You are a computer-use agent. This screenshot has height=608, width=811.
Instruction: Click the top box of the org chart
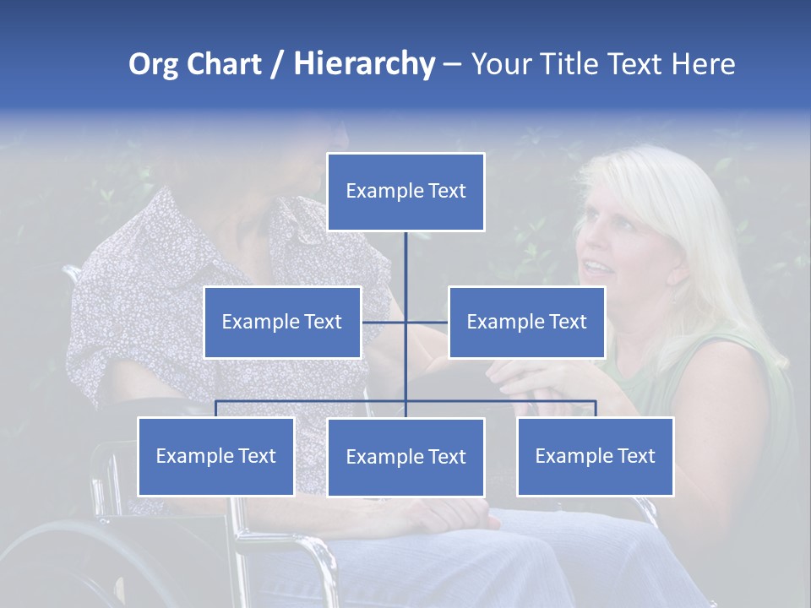pyautogui.click(x=405, y=192)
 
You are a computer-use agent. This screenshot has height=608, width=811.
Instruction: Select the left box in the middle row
pyautogui.click(x=282, y=322)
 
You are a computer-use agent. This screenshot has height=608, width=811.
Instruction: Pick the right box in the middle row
pyautogui.click(x=526, y=322)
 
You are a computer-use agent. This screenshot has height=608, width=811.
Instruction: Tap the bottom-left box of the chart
pyautogui.click(x=216, y=456)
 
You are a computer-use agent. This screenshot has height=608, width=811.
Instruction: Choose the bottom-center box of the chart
pyautogui.click(x=405, y=457)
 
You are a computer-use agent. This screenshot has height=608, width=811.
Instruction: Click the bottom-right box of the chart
pyautogui.click(x=595, y=456)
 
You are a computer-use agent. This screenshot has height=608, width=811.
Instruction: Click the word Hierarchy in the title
pyautogui.click(x=363, y=63)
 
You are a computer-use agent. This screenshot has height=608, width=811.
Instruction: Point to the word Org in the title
pyautogui.click(x=153, y=64)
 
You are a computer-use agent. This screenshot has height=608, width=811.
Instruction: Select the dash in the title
pyautogui.click(x=452, y=65)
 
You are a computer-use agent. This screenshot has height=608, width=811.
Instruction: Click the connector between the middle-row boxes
pyautogui.click(x=405, y=322)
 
